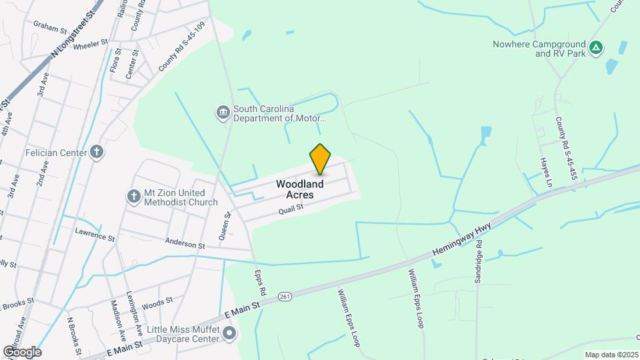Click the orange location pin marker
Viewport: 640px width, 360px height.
click(320, 159)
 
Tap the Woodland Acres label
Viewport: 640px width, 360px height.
click(300, 189)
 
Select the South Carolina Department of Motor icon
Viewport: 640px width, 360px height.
click(223, 113)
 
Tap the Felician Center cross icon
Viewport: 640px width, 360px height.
click(97, 153)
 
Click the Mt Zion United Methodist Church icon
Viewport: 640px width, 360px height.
click(133, 197)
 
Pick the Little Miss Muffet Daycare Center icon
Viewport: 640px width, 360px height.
click(230, 333)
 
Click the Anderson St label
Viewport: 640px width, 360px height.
click(185, 244)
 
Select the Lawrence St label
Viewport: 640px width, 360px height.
click(95, 235)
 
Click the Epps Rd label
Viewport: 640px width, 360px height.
click(261, 282)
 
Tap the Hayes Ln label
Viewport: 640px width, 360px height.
click(546, 172)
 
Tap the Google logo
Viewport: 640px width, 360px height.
click(22, 351)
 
